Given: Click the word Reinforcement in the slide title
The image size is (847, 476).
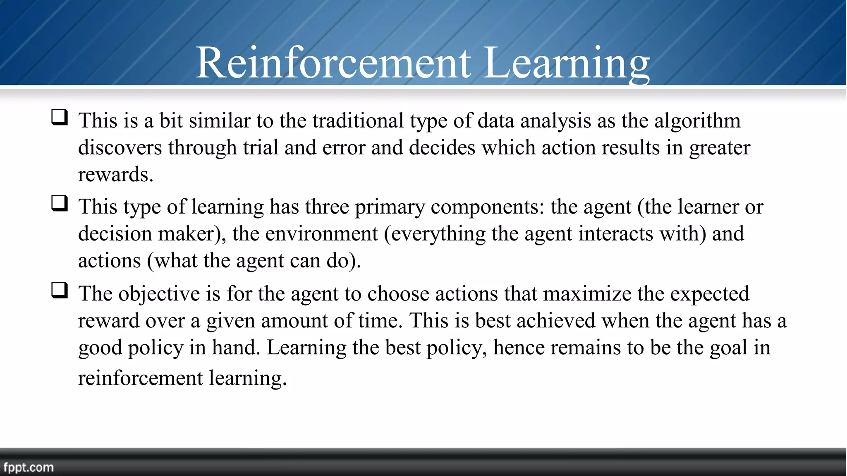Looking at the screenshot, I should point(333,63).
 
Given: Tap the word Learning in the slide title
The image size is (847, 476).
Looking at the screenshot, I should point(567,63).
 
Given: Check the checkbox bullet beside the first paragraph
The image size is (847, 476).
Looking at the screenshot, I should point(60,117).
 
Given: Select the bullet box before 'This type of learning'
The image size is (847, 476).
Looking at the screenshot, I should point(60,204).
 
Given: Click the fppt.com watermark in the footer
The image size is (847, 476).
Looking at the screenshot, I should point(29,467).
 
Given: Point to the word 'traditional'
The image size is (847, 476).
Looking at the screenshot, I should point(358,121).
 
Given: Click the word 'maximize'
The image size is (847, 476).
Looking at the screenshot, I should point(587,294).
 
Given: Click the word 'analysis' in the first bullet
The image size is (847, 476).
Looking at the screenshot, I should point(555,121).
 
